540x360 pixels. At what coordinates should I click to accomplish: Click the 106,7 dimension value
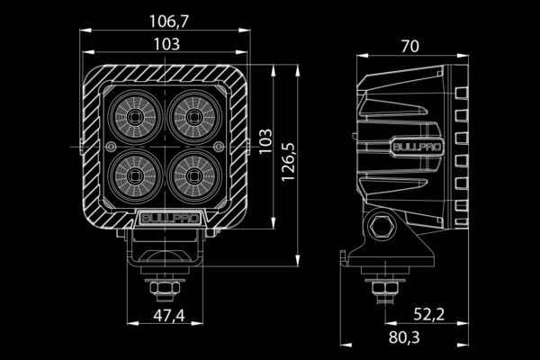(x=169, y=22)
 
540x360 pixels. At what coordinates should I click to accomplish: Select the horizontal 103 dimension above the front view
(x=166, y=44)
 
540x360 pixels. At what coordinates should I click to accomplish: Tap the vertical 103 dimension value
(x=265, y=141)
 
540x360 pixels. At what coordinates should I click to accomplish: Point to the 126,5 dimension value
(x=288, y=162)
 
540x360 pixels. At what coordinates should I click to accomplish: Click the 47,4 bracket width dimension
(x=169, y=316)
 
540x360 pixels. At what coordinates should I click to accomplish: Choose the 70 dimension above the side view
(x=410, y=47)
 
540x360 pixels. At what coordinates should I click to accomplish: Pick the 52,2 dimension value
(x=428, y=314)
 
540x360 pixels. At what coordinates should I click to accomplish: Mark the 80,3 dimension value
(x=404, y=337)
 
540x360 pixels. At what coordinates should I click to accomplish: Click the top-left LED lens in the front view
(x=135, y=118)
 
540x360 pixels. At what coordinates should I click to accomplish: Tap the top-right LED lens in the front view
(x=194, y=118)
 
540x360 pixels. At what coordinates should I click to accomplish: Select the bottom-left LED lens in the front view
(x=135, y=176)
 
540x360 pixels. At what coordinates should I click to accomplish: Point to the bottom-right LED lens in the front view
(x=194, y=176)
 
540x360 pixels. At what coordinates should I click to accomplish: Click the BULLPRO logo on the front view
(x=170, y=219)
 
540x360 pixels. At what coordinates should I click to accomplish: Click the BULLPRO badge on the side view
(x=417, y=147)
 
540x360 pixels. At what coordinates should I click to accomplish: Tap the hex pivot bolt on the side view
(x=381, y=226)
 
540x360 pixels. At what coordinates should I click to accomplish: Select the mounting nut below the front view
(x=166, y=287)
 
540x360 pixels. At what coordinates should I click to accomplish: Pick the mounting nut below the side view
(x=385, y=286)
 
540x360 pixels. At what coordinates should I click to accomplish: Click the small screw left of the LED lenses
(x=111, y=148)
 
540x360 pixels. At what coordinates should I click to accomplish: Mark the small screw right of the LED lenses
(x=219, y=148)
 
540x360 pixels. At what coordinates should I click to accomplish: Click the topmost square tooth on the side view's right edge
(x=462, y=93)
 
